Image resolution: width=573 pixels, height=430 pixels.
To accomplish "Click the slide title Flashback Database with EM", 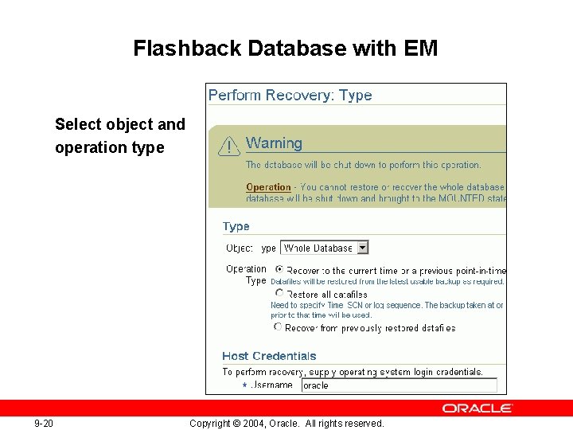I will [286, 49].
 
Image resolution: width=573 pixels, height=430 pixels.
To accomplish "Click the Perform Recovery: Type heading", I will [290, 96].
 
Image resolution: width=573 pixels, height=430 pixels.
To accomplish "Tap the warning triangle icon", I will [229, 146].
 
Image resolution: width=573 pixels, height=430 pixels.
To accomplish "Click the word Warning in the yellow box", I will [274, 143].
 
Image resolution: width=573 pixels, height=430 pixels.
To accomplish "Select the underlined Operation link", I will [268, 187].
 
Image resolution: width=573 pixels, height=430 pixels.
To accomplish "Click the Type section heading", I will [236, 227].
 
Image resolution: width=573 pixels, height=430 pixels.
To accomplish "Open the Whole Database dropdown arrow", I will [363, 248].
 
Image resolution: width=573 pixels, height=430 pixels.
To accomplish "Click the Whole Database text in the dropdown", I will [318, 248].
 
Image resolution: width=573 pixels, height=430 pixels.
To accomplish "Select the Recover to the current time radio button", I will [279, 270].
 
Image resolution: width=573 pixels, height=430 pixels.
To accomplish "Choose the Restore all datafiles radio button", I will [279, 293].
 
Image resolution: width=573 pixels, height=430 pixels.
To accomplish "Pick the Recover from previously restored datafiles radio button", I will [278, 326].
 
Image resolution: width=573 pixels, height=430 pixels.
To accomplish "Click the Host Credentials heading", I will [269, 356].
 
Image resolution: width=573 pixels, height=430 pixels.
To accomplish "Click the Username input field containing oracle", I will [398, 385].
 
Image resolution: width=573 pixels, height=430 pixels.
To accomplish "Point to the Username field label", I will [271, 385].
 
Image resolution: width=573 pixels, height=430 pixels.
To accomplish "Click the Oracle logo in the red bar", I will [477, 408].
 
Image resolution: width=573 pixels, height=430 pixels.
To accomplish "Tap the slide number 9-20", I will [44, 424].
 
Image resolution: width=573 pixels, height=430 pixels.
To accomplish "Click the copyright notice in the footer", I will [286, 424].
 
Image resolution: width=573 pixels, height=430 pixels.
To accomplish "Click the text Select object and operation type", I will [119, 136].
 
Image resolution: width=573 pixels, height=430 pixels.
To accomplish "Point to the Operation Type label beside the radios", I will [247, 275].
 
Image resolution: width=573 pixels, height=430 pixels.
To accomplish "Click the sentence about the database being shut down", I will [363, 165].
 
